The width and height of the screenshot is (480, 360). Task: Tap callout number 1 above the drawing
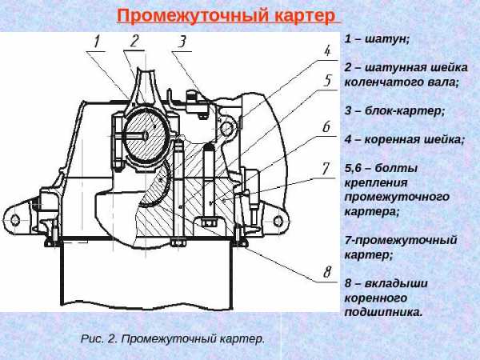pos(97,42)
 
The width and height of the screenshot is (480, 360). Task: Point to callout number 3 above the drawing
pos(182,42)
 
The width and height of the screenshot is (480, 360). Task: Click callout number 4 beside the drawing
pos(327,51)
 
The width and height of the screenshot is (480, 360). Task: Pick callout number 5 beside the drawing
pos(327,80)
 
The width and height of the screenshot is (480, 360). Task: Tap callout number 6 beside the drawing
pos(326,127)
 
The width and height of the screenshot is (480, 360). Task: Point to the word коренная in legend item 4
pos(392,139)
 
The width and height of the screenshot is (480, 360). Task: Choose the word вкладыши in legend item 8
pos(398,283)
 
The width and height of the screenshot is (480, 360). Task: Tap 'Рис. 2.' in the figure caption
pos(101,338)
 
